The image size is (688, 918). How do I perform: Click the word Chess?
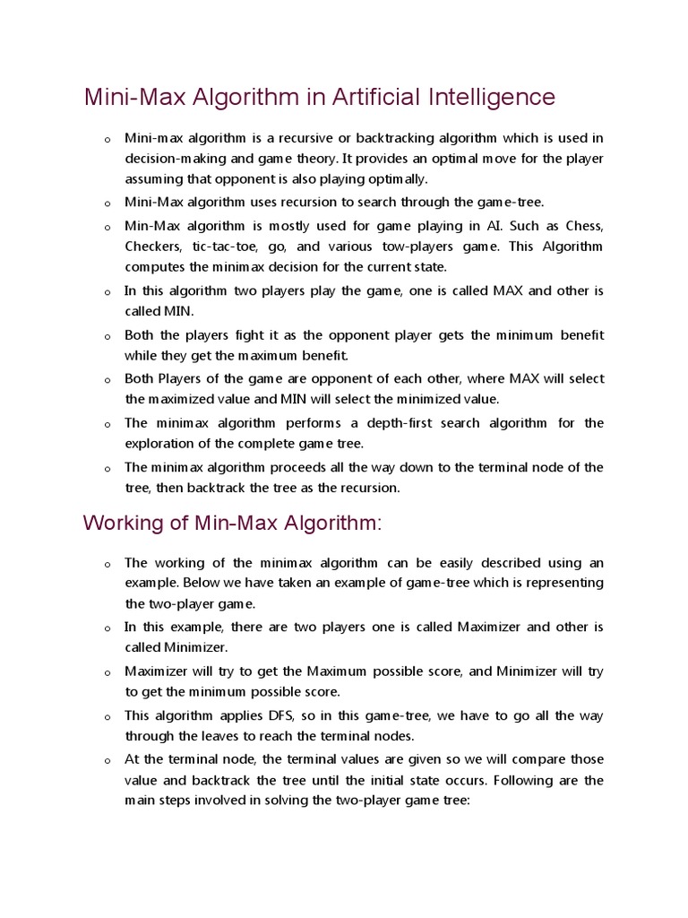click(583, 224)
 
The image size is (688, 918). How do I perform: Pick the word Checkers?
click(150, 246)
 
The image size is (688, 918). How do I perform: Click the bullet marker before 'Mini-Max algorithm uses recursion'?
click(106, 204)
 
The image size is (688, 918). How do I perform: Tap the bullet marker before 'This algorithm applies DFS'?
click(106, 717)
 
